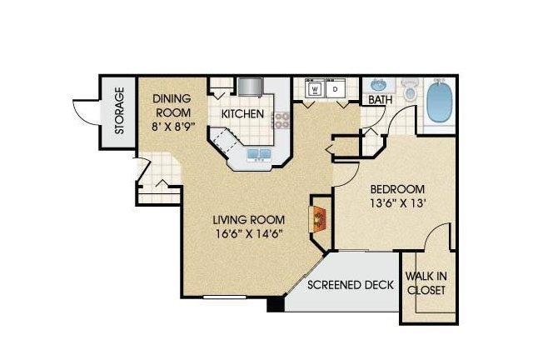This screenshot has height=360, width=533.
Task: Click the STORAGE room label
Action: click(119, 111)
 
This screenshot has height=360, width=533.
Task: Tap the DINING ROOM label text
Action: click(172, 106)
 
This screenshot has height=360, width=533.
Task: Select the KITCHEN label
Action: click(242, 114)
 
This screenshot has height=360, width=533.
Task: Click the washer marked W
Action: click(315, 88)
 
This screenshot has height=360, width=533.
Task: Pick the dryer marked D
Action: click(336, 88)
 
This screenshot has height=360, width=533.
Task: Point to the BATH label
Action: click(381, 100)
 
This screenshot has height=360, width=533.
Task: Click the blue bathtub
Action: click(440, 102)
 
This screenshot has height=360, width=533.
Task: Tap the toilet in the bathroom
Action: click(410, 90)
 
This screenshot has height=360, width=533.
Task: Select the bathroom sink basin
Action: click(378, 85)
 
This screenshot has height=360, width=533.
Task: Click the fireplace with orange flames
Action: click(318, 219)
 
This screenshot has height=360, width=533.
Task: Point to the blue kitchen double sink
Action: click(260, 154)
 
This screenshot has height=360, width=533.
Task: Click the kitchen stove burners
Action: click(281, 121)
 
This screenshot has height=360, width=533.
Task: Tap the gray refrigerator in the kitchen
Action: click(251, 87)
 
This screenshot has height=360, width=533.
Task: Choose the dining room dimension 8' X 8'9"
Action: click(173, 127)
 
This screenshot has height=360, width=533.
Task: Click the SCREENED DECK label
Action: click(351, 285)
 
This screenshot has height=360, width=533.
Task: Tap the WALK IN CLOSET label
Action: click(426, 283)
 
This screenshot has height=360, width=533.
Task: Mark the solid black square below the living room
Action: click(276, 304)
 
